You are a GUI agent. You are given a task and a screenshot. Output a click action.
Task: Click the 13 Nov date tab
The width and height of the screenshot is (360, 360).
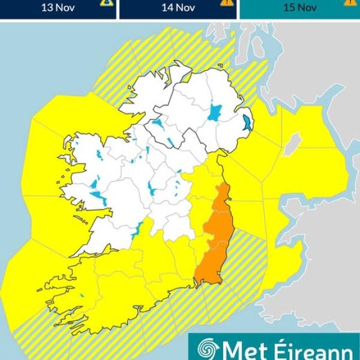click(x=58, y=8)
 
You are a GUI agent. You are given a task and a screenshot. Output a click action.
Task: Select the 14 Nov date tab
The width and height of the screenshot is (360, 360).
click(x=178, y=8)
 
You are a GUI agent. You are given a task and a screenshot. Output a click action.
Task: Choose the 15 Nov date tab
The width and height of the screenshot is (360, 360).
click(x=299, y=8)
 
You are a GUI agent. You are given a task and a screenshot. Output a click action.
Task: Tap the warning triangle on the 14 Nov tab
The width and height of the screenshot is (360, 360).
click(x=227, y=2)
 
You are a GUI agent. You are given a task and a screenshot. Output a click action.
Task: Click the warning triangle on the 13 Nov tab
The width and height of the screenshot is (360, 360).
click(x=106, y=2)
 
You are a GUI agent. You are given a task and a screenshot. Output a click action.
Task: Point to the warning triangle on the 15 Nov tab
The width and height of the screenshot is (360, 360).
click(x=349, y=2)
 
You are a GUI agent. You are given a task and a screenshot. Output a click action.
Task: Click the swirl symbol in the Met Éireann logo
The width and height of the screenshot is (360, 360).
click(x=206, y=349)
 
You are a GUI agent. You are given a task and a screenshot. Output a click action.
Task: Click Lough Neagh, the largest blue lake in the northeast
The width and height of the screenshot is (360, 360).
click(x=215, y=112)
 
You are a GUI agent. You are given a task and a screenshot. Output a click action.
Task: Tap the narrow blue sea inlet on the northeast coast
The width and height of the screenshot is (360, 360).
click(x=247, y=123)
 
